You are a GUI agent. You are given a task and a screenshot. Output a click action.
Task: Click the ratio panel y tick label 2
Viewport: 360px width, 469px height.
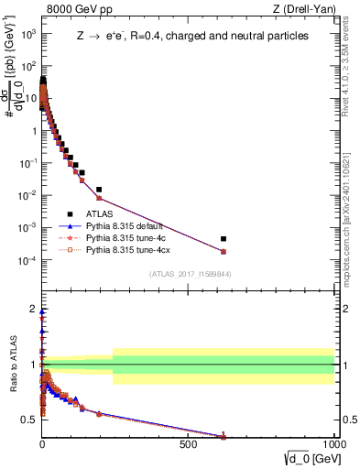32,309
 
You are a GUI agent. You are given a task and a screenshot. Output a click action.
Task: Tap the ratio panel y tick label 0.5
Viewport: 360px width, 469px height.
29,420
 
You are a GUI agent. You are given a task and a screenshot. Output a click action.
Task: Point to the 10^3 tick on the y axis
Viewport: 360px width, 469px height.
27,34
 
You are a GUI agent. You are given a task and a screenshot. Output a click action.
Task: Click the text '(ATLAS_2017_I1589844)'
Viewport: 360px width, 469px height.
190,274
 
